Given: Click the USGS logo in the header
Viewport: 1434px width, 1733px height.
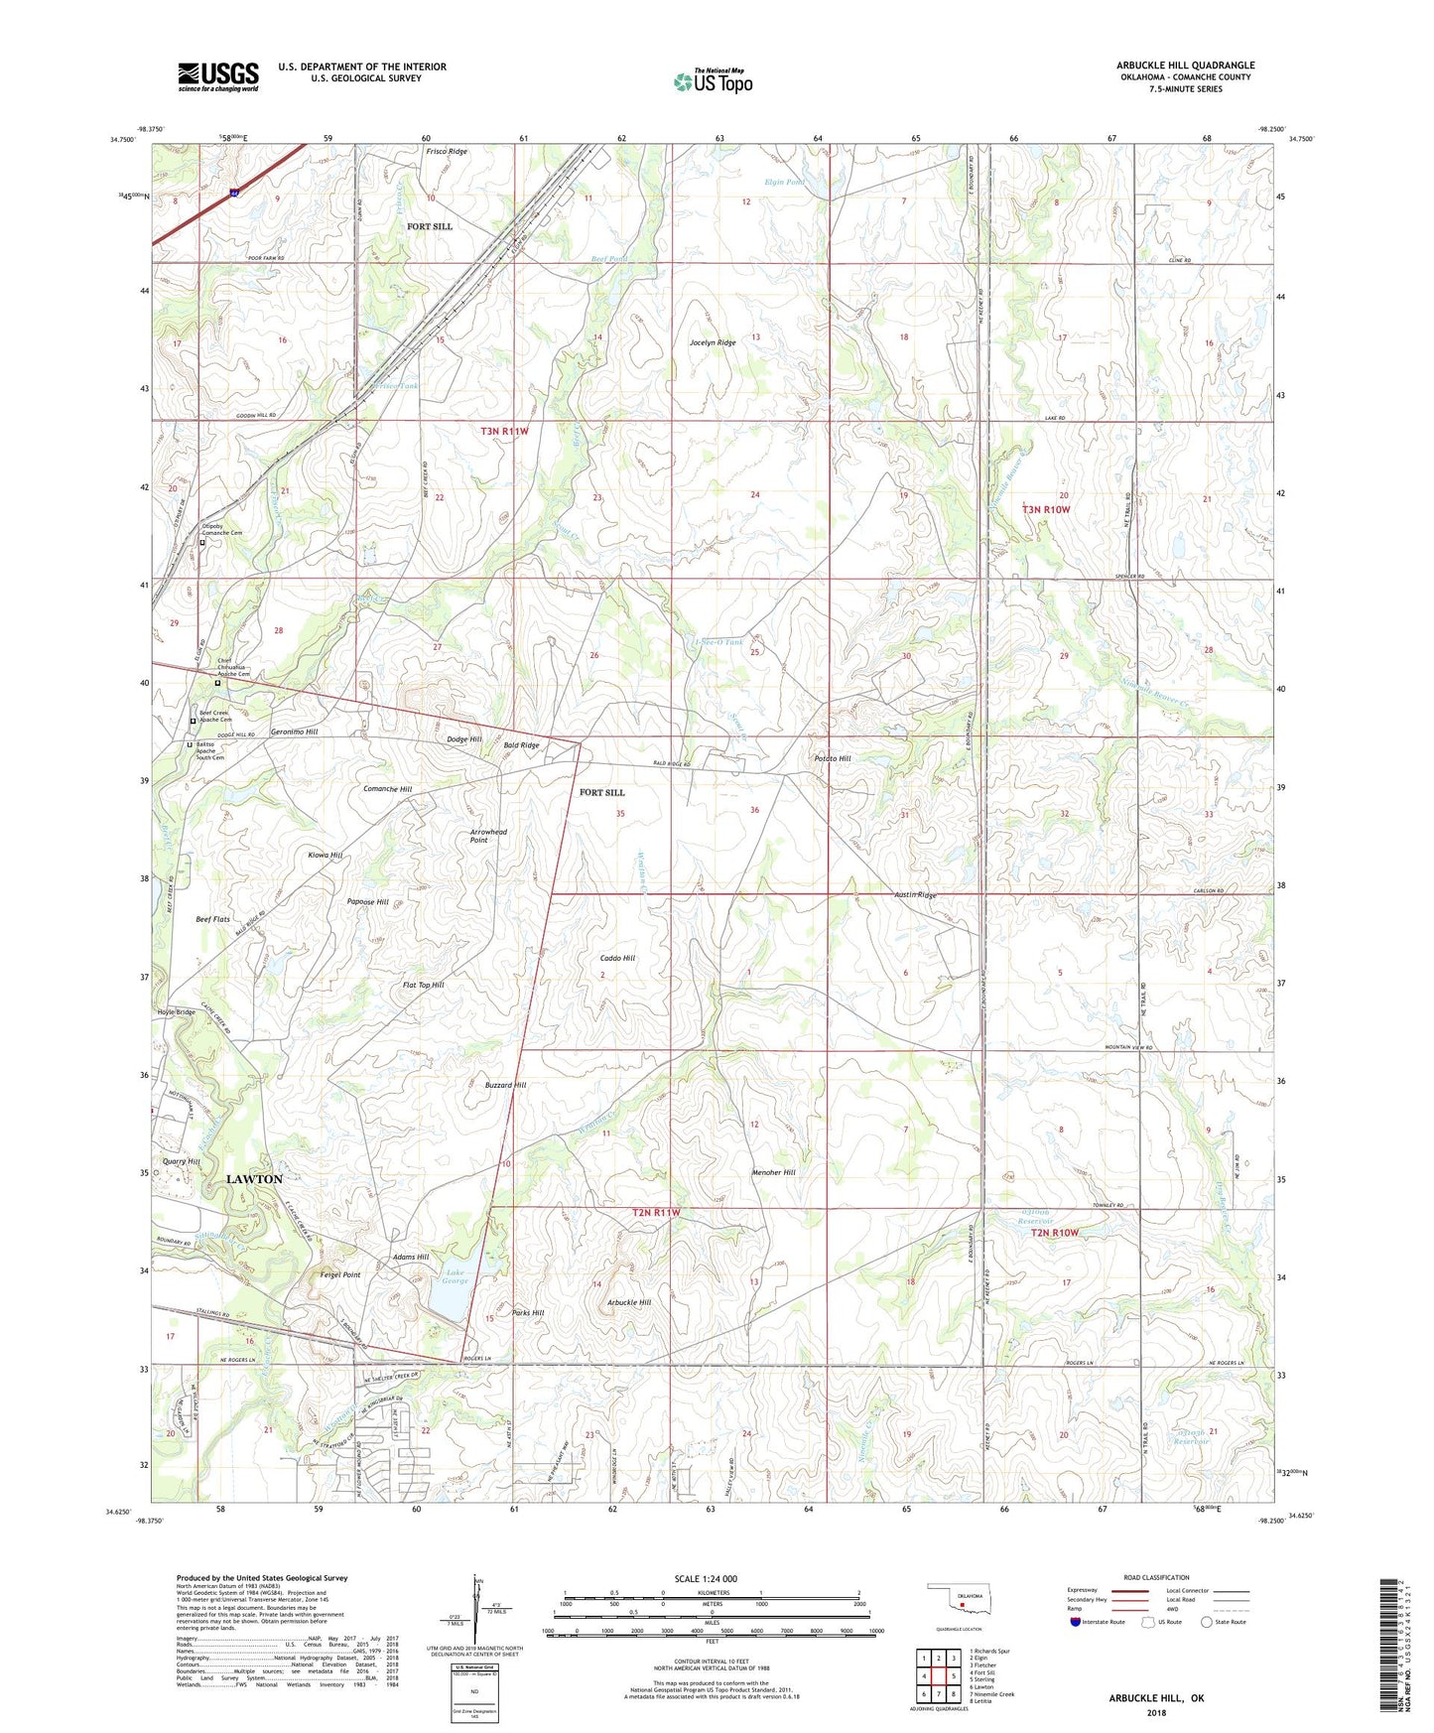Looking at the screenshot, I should [x=218, y=76].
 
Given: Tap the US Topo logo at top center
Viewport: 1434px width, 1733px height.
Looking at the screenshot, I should [x=713, y=81].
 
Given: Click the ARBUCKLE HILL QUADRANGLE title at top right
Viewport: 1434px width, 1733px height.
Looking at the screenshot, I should [x=1185, y=66].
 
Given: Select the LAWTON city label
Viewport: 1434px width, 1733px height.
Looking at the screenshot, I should [x=254, y=1179].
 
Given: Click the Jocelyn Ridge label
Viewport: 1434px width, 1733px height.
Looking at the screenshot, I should [x=713, y=342].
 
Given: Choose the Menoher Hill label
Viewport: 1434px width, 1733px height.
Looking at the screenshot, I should [x=774, y=1172].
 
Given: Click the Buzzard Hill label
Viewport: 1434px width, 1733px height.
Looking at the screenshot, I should [x=505, y=1085].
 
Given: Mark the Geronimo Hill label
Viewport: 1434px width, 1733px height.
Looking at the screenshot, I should [x=294, y=732].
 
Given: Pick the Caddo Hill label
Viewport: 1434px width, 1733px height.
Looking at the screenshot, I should [x=617, y=958].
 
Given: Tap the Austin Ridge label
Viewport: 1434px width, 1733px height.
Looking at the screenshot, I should [x=915, y=895].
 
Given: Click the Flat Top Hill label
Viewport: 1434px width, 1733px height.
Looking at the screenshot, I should [x=423, y=986].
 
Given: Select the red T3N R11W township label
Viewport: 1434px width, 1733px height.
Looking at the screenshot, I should [x=504, y=431].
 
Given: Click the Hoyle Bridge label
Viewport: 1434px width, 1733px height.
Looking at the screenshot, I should [x=176, y=1012].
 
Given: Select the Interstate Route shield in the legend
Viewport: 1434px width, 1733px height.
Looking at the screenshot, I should [x=1076, y=1623].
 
